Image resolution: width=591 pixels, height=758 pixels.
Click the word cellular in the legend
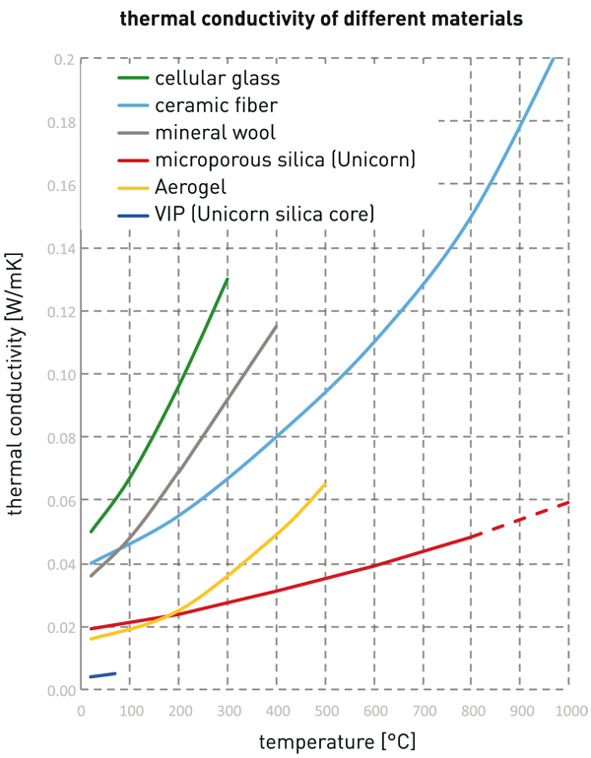pos(187,79)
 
